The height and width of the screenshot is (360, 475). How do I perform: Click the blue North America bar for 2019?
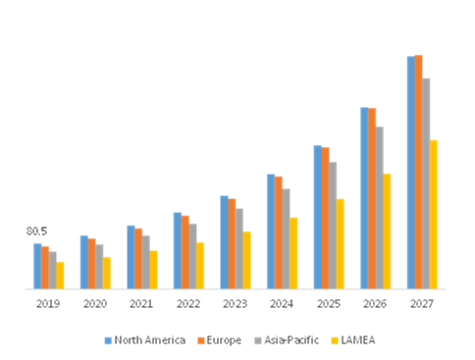[37, 266]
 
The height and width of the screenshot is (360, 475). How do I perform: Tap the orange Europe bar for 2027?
[419, 172]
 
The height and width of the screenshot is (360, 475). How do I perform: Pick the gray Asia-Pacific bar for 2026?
[380, 207]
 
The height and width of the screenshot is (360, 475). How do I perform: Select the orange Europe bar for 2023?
[233, 243]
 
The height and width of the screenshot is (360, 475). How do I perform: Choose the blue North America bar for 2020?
[83, 262]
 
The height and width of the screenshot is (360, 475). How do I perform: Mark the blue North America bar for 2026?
[364, 198]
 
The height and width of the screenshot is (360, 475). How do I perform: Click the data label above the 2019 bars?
[36, 231]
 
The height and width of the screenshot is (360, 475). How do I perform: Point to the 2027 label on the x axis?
[422, 304]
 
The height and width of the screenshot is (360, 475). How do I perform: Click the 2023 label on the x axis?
[236, 304]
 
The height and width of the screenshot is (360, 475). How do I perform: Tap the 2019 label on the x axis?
[48, 304]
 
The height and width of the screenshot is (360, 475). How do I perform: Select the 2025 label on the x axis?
[329, 304]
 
